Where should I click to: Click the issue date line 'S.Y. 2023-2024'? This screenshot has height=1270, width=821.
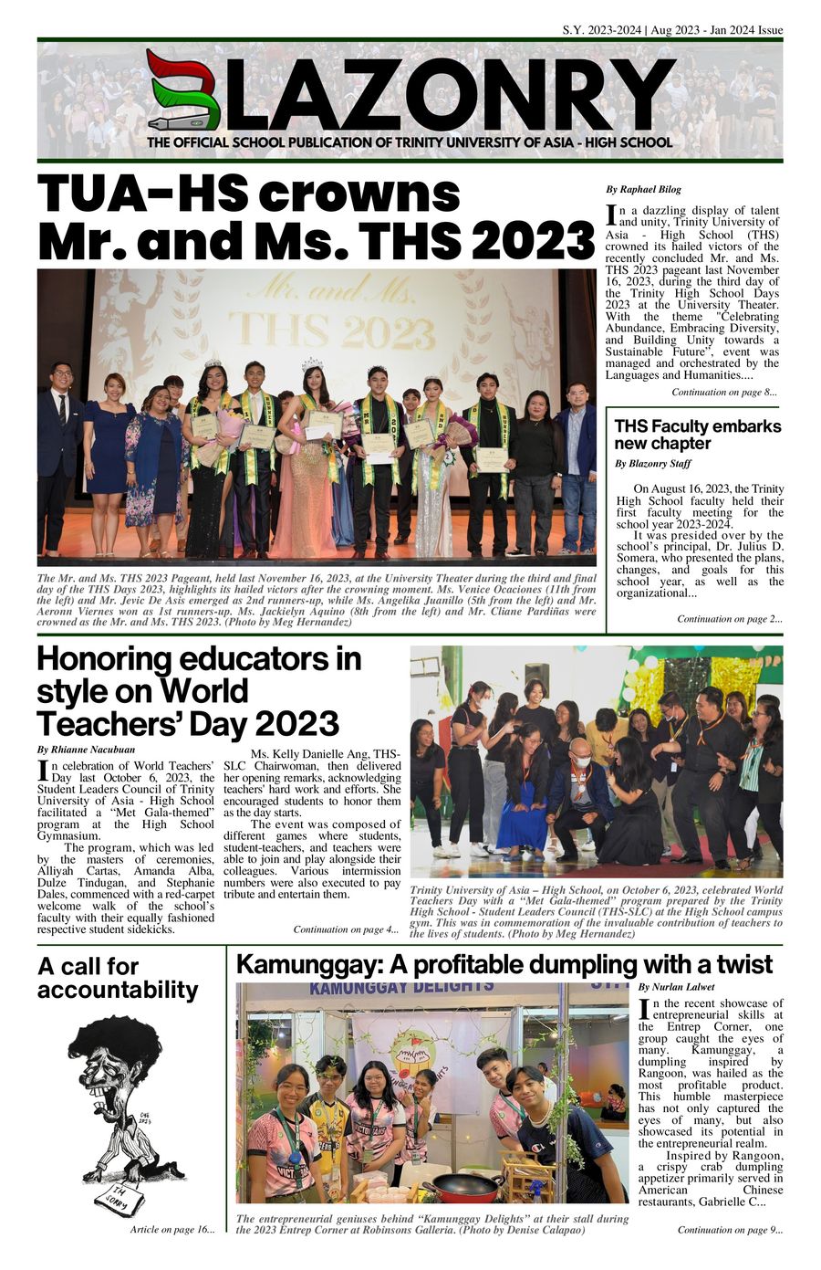601,30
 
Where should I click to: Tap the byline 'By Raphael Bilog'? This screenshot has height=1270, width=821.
643,190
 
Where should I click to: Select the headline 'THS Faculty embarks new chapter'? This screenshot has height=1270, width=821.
697,435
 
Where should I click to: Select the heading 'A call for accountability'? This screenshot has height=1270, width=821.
118,978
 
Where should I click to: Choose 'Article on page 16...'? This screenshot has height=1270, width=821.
172,1230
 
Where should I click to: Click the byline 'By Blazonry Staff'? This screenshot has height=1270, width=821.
652,464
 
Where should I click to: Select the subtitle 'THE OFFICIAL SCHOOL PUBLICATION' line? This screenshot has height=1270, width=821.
410,142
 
